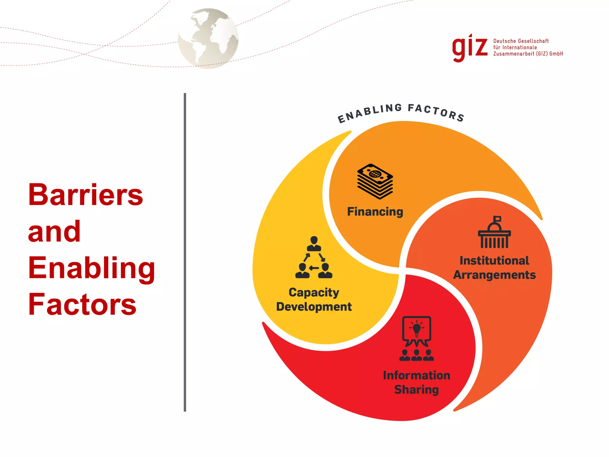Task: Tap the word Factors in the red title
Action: tap(82, 304)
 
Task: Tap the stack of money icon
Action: tap(375, 181)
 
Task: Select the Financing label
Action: tap(375, 212)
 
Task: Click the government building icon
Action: tap(494, 232)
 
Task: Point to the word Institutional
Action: tap(494, 261)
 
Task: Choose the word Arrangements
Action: tap(494, 275)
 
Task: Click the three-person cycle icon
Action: tap(314, 257)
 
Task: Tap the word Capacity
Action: tap(314, 292)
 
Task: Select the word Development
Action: tap(314, 307)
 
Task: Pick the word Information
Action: tap(416, 375)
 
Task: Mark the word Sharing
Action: tap(416, 390)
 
